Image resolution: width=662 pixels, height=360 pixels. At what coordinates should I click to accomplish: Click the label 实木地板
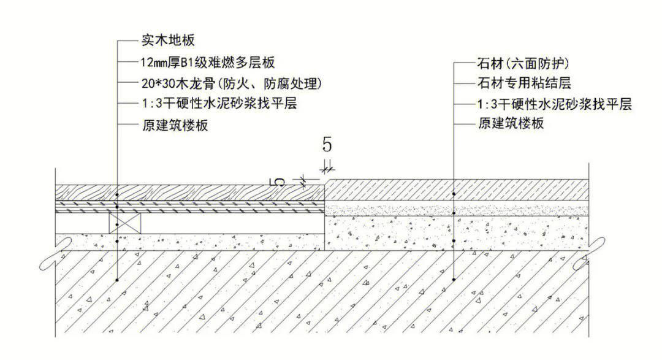tap(168, 40)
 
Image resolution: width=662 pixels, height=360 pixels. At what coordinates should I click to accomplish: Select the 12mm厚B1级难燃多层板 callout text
tap(208, 63)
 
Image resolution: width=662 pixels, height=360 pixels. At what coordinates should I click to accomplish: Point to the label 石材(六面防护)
tap(523, 63)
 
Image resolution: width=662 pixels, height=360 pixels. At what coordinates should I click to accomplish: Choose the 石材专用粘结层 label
tap(524, 83)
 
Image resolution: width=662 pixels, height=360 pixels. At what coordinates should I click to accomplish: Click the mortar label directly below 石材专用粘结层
tap(554, 104)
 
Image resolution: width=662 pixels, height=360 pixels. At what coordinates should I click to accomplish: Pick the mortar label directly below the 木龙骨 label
tap(219, 103)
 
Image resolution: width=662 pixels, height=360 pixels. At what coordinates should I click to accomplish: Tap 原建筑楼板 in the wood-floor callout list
tap(175, 125)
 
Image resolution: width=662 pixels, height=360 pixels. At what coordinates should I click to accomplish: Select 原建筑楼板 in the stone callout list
tap(511, 123)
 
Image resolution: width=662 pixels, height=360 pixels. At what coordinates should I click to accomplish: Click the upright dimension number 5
tap(327, 145)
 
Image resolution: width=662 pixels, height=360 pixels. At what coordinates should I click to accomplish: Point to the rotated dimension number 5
tap(277, 182)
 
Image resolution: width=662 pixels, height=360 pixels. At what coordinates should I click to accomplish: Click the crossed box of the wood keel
tap(125, 223)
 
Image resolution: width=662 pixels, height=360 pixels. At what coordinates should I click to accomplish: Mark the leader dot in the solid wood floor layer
tap(117, 195)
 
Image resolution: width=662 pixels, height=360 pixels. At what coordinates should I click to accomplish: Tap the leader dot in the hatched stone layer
tap(454, 194)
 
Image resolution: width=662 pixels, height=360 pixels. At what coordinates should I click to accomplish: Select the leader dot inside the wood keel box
tap(117, 224)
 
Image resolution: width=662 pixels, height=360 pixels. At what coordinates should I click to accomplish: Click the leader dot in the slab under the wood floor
tap(117, 280)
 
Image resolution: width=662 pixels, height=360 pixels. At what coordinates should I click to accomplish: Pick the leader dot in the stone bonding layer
tap(454, 213)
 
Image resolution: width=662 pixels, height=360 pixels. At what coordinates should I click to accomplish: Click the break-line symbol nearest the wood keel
tap(56, 253)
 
